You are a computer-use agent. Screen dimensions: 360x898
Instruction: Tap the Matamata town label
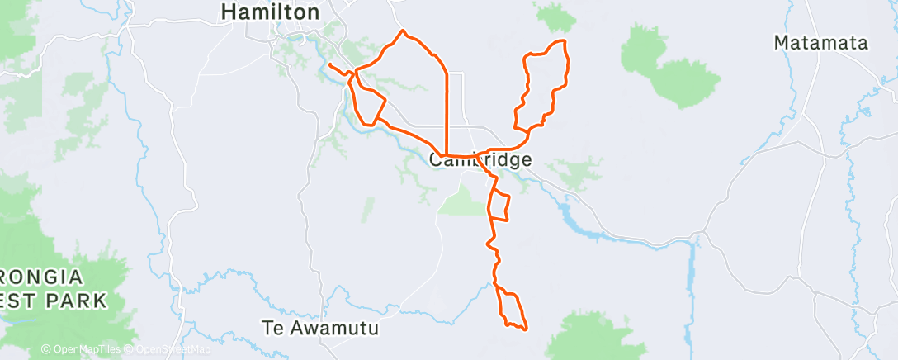point(821,43)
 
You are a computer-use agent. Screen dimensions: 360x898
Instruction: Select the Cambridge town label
point(480,160)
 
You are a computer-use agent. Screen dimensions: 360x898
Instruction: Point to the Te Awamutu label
point(319,328)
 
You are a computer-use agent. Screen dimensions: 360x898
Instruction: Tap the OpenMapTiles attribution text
point(80,350)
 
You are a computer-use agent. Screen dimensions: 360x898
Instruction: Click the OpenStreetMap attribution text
point(168,350)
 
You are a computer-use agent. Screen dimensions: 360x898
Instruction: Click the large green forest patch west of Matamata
point(669,66)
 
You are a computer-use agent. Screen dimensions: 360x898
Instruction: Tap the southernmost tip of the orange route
point(525,329)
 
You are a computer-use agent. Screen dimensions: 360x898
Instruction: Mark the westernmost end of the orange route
point(329,64)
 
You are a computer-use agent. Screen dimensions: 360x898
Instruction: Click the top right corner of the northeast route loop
point(565,41)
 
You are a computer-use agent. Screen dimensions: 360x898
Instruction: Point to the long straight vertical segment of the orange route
point(447,111)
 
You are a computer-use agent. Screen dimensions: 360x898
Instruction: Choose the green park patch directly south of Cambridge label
point(463,199)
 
